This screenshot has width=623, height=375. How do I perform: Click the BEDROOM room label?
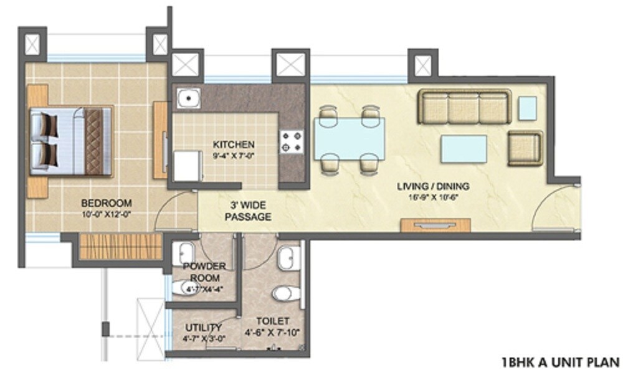pyautogui.click(x=107, y=202)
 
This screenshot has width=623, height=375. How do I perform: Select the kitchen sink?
pyautogui.click(x=186, y=98)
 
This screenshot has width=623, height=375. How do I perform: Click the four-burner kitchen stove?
pyautogui.click(x=290, y=141)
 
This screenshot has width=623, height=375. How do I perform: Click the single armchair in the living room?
pyautogui.click(x=524, y=148)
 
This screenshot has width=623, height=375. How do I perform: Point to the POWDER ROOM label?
pyautogui.click(x=204, y=272)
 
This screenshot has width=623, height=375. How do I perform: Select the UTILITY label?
pyautogui.click(x=203, y=328)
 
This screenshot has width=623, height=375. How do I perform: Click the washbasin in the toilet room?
pyautogui.click(x=289, y=258)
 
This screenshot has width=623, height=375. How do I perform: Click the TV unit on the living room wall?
pyautogui.click(x=435, y=225)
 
